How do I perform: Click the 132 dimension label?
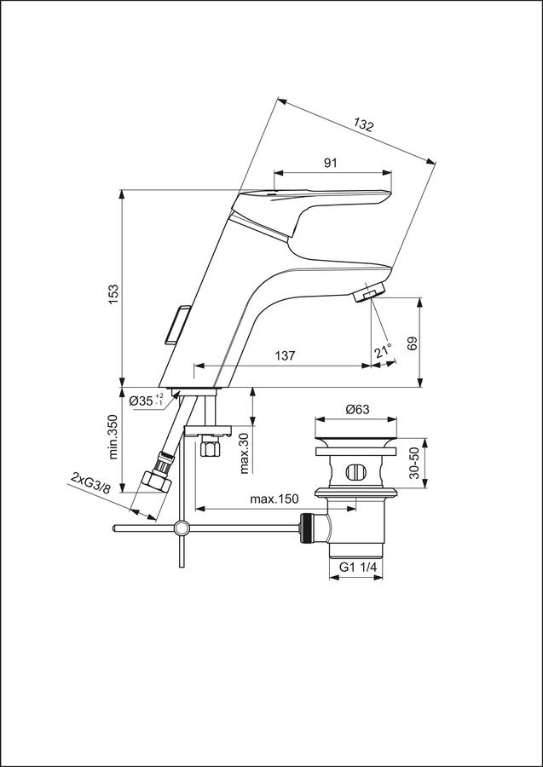pyautogui.click(x=363, y=125)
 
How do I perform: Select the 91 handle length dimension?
pyautogui.click(x=331, y=164)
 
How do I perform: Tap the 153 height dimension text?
pyautogui.click(x=114, y=295)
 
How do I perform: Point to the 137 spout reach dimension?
pyautogui.click(x=286, y=356)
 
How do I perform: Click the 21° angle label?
pyautogui.click(x=384, y=351)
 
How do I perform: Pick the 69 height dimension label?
pyautogui.click(x=412, y=343)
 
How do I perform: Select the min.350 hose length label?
pyautogui.click(x=114, y=437)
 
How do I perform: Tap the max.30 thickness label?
pyautogui.click(x=246, y=453)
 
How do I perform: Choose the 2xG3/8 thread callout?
pyautogui.click(x=91, y=483)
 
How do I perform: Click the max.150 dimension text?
pyautogui.click(x=274, y=499)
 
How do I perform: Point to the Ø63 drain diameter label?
pyautogui.click(x=357, y=410)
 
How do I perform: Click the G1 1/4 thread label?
pyautogui.click(x=358, y=568)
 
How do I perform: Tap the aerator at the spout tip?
pyautogui.click(x=368, y=294)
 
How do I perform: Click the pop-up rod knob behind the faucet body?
pyautogui.click(x=176, y=326)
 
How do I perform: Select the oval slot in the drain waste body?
pyautogui.click(x=355, y=472)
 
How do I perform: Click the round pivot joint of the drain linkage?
pyautogui.click(x=182, y=528)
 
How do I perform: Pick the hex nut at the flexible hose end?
pyautogui.click(x=156, y=481)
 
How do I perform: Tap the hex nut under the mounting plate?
pyautogui.click(x=211, y=447)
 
